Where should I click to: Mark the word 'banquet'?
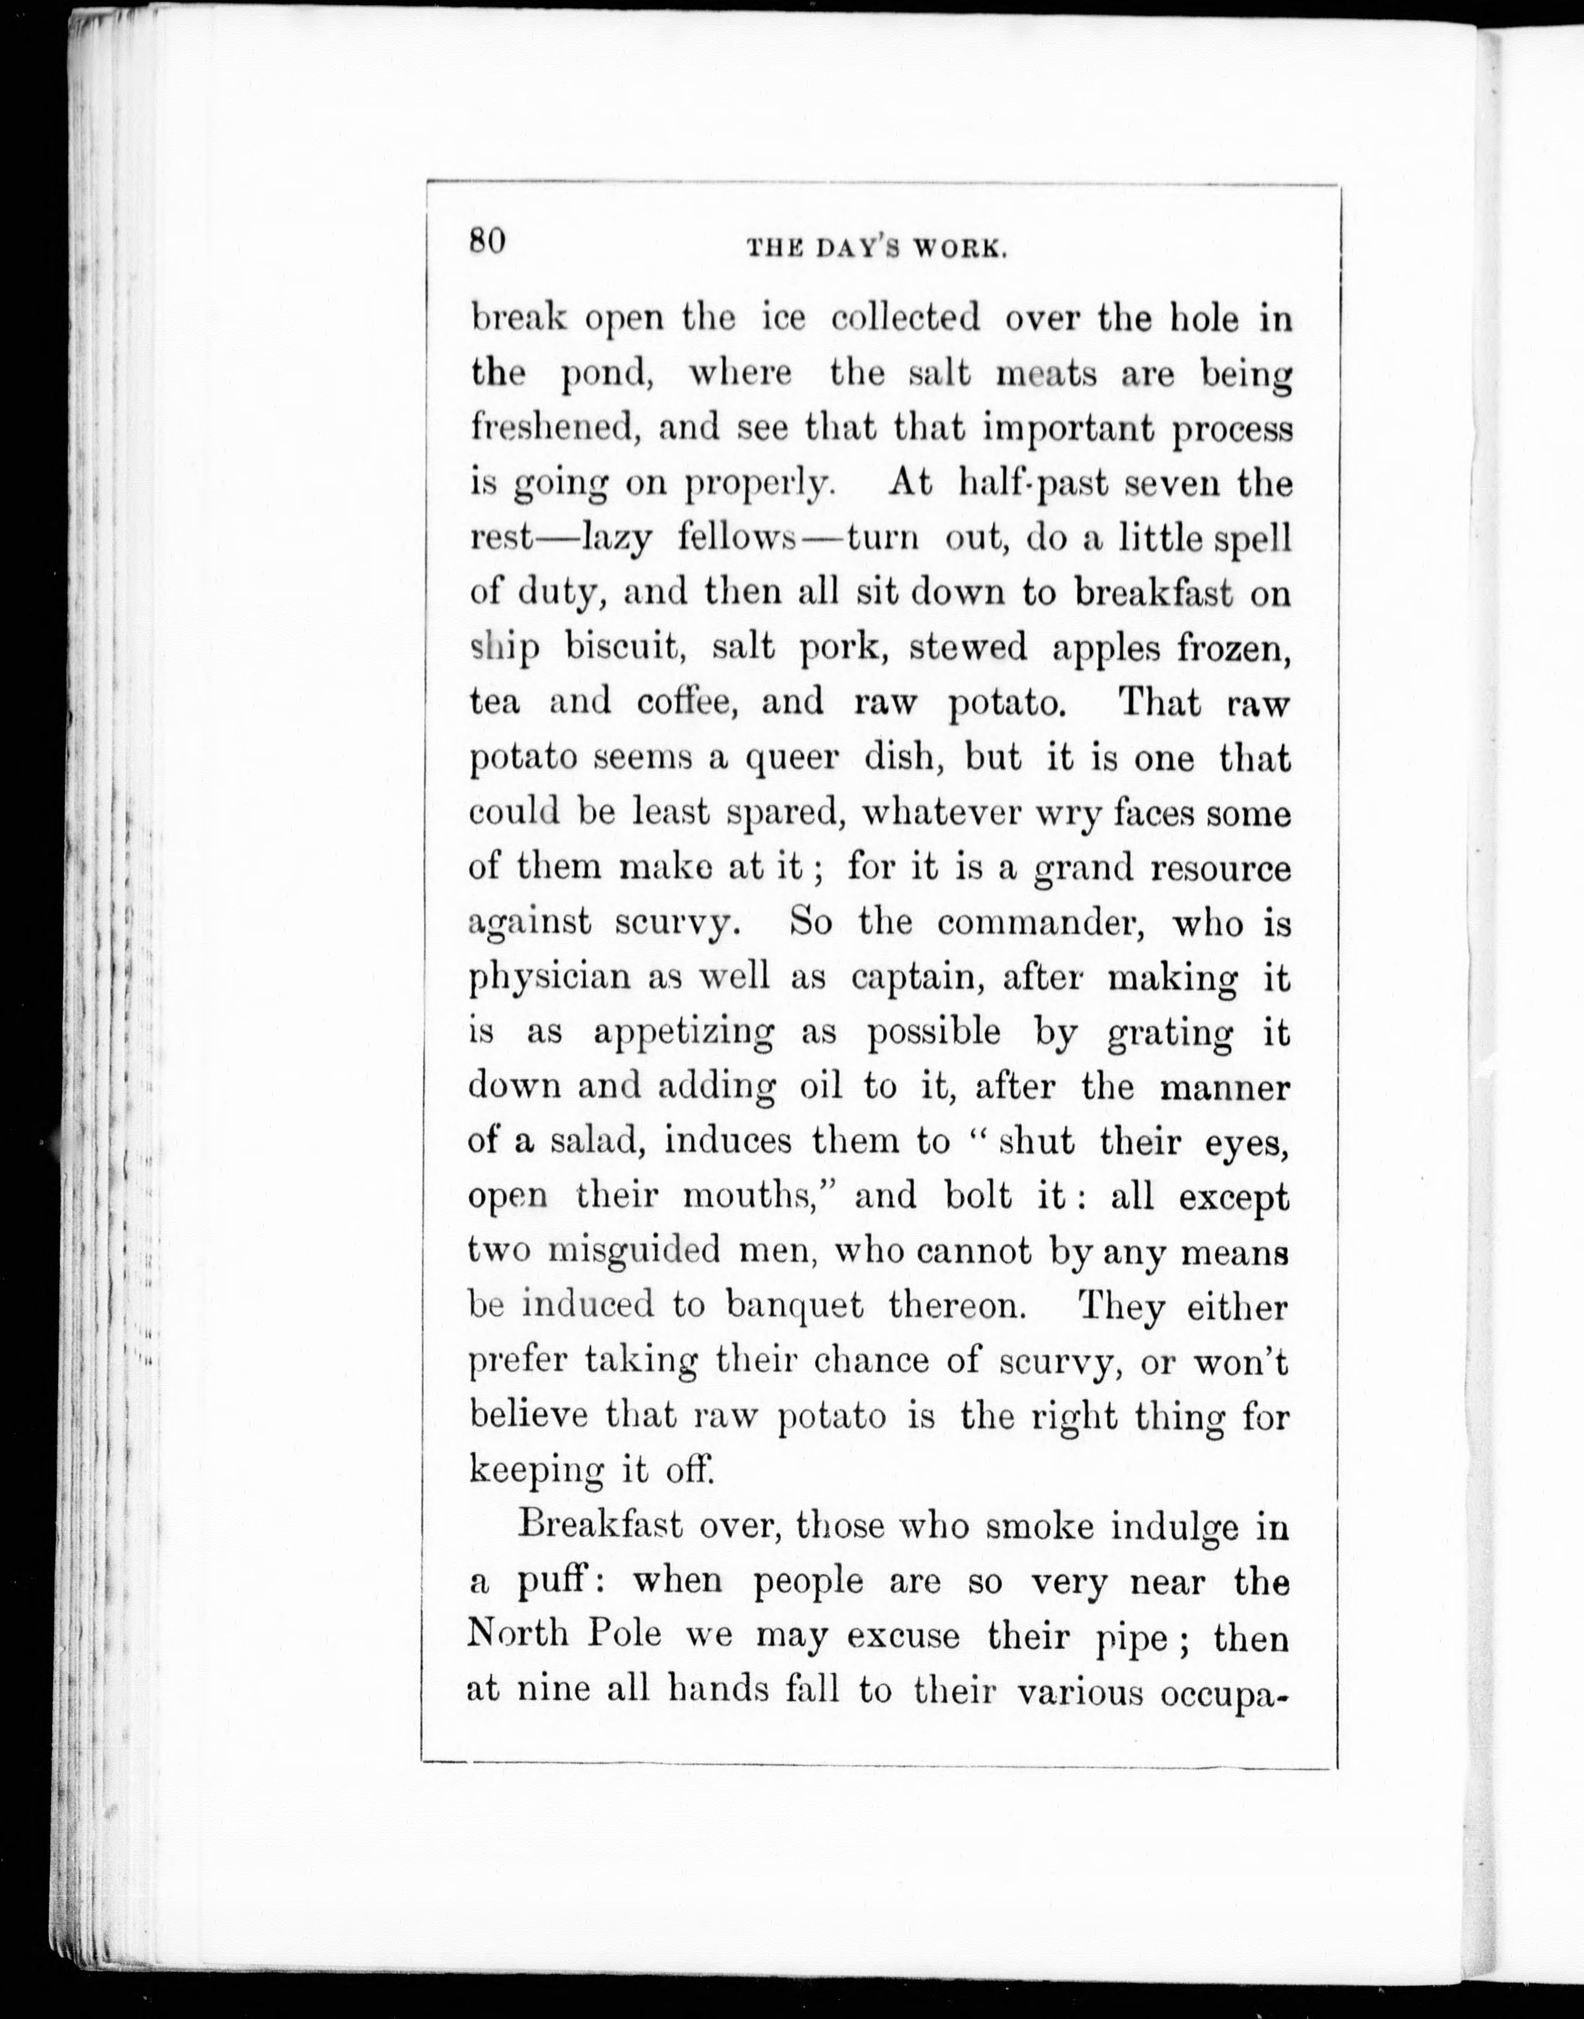point(795,1307)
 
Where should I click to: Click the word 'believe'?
point(529,1416)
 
